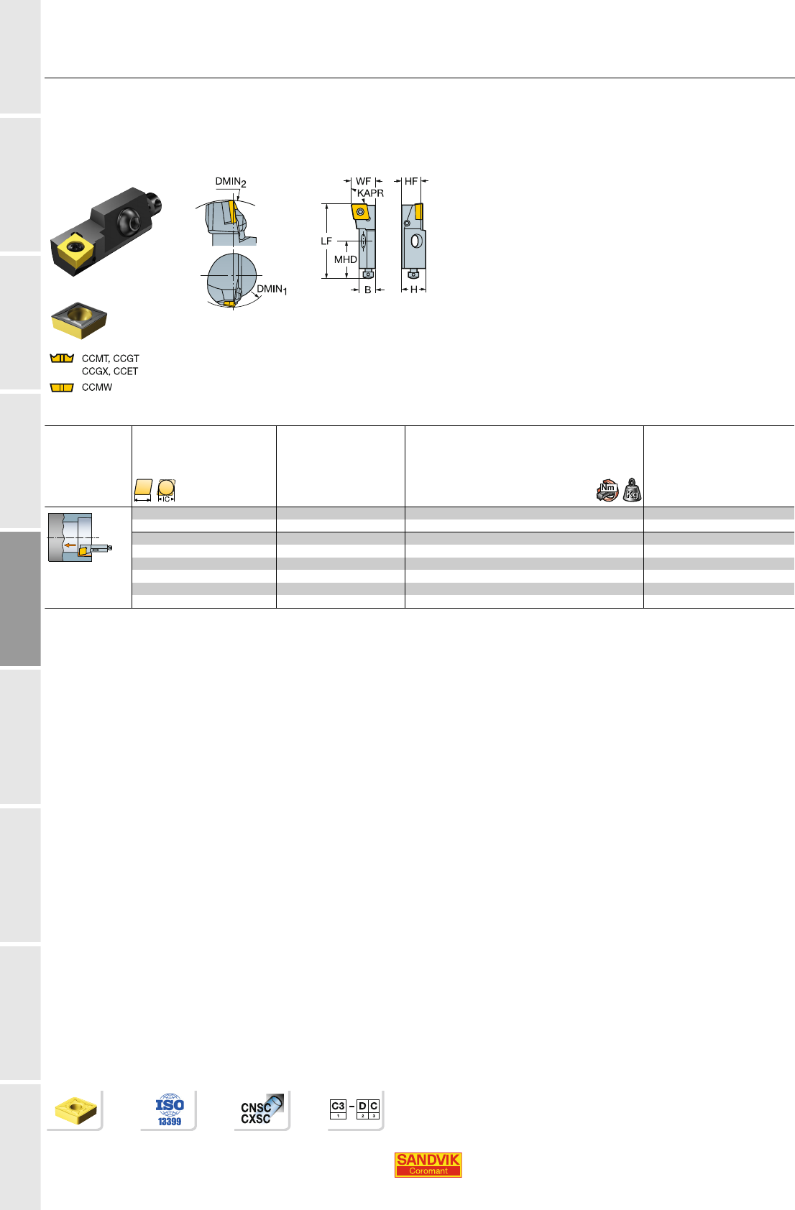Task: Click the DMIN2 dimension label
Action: tap(231, 182)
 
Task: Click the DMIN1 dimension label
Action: tap(272, 290)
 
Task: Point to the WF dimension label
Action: tap(363, 181)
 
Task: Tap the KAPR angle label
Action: tap(370, 193)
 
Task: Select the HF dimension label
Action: tap(411, 181)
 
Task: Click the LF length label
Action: tap(326, 241)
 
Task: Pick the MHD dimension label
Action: tap(345, 259)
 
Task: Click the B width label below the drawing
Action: tap(367, 290)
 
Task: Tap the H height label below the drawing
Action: tap(414, 290)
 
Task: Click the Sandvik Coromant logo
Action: tap(428, 1165)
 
